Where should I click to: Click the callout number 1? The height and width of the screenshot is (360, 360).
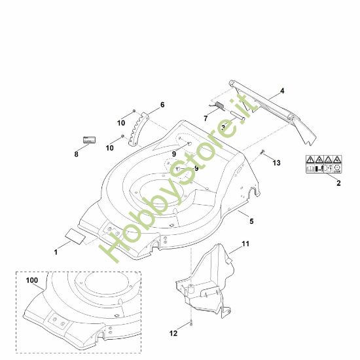[56, 251]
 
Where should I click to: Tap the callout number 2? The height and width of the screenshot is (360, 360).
[338, 183]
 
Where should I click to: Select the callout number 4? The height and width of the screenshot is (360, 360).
[282, 90]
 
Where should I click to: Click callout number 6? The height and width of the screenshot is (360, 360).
[162, 105]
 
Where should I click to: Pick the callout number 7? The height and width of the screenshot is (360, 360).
[206, 118]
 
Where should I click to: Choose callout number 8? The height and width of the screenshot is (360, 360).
[76, 155]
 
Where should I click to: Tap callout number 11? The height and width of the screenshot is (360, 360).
[246, 244]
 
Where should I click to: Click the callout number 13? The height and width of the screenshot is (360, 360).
[276, 162]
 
